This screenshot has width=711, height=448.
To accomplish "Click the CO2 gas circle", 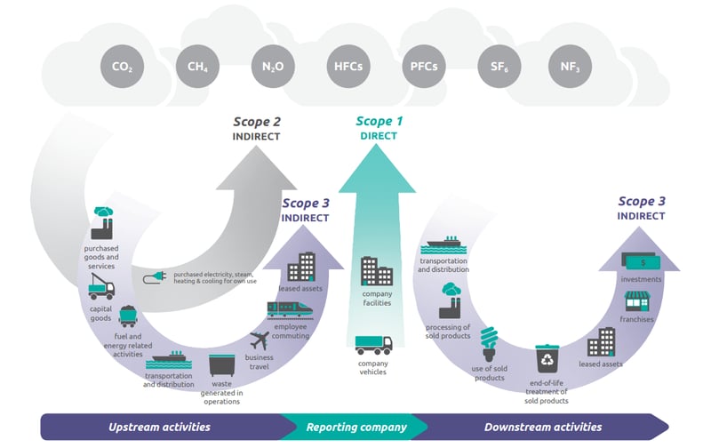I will click(123, 68).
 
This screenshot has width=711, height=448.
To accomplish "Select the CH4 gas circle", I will click(197, 68).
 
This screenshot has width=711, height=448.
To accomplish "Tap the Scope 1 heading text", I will click(379, 122).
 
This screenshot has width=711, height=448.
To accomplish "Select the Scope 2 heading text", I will click(257, 122).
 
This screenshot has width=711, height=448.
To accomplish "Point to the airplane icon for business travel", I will click(260, 340).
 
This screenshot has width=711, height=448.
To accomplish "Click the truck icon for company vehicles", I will click(373, 343).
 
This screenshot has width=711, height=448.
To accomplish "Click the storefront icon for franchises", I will click(637, 301).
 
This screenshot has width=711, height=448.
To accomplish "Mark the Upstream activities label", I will click(159, 428).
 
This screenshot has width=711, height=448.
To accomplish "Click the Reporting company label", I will click(356, 428).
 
